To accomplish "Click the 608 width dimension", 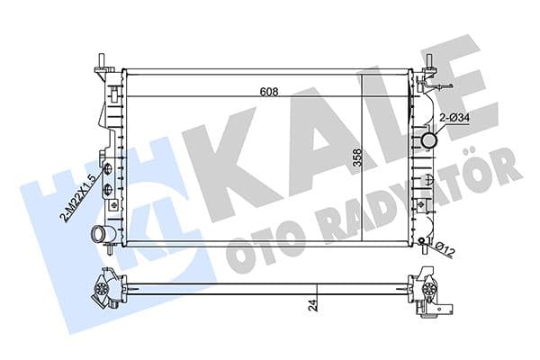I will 269,91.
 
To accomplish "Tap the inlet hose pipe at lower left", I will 96,236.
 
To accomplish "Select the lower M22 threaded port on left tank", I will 107,189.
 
